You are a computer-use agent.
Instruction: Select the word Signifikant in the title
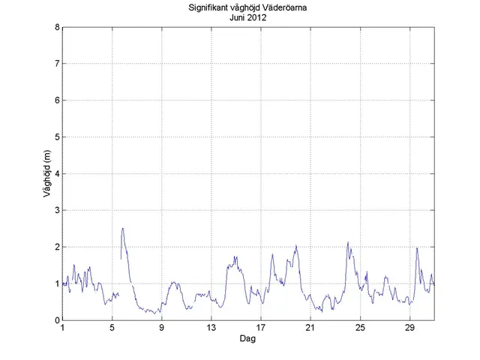[211, 8]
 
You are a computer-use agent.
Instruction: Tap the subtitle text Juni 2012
[248, 18]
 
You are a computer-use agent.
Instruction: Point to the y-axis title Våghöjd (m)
[46, 174]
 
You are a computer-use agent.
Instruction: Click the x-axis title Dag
[248, 339]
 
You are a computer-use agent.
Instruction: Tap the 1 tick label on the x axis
[63, 328]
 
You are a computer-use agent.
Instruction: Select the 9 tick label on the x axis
[162, 328]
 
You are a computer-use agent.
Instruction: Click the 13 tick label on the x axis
[211, 328]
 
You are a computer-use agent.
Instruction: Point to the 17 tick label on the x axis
[261, 328]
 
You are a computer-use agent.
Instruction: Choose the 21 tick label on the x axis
[310, 328]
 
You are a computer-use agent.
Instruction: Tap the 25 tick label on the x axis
[360, 328]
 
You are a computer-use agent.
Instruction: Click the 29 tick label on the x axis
[409, 328]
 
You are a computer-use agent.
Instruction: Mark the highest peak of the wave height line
[122, 228]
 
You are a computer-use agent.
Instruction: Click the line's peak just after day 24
[348, 242]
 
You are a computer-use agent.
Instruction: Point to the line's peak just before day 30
[417, 248]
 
